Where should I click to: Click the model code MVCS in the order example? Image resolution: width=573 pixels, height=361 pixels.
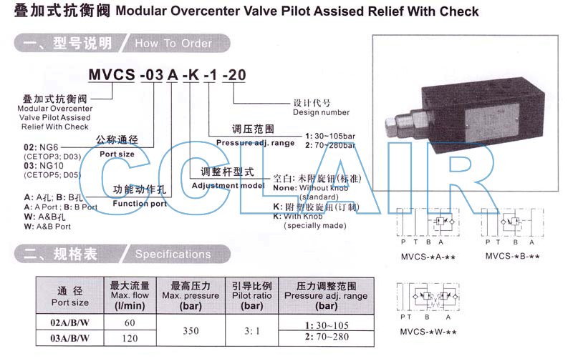tap(110, 74)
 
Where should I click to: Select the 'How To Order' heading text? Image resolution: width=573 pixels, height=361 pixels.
tap(173, 44)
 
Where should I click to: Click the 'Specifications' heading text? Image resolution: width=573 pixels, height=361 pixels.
tap(173, 254)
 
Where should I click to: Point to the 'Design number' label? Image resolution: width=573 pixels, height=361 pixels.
tap(321, 112)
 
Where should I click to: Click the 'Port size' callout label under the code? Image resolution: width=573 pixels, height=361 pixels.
tap(117, 154)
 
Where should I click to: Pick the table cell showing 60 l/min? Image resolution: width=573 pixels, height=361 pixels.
tap(130, 322)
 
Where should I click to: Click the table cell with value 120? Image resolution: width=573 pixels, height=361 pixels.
tap(130, 337)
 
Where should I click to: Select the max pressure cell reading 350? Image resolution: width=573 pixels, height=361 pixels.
tap(190, 330)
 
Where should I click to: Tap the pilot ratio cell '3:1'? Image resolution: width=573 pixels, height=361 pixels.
tap(251, 330)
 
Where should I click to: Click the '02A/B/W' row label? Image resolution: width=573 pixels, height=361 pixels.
tap(69, 322)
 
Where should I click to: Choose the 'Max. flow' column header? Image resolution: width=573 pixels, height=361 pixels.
tap(130, 295)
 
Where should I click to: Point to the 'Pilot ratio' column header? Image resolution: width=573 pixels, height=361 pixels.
tap(251, 295)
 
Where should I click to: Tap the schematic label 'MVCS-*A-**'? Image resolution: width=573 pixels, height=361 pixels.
tap(425, 257)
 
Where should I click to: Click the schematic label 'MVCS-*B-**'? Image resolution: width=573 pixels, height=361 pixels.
tap(511, 257)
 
